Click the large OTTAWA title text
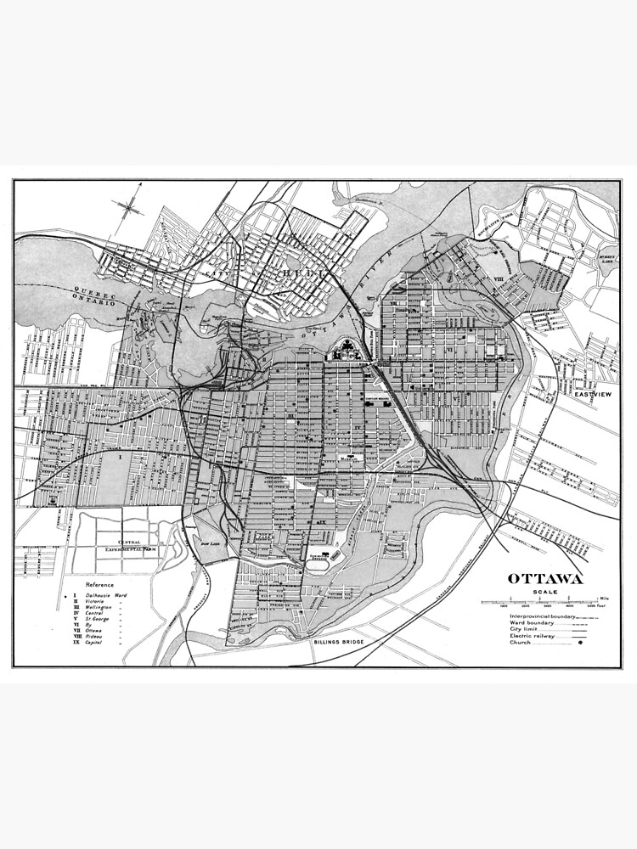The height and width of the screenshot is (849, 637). [x=545, y=579]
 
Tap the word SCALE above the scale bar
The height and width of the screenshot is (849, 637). [x=545, y=592]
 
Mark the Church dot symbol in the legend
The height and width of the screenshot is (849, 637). [x=581, y=643]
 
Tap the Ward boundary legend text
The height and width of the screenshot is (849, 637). [x=527, y=621]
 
